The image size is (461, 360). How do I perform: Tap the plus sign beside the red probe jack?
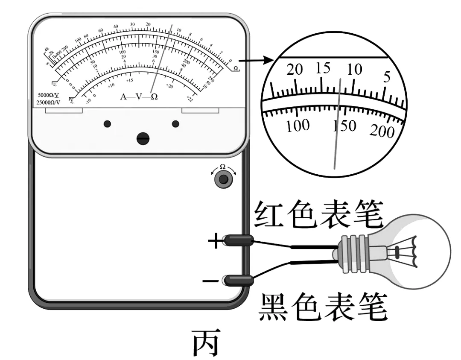coord(215,242)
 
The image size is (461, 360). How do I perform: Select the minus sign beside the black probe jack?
coord(211,281)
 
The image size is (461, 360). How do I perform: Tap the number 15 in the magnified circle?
coord(323,68)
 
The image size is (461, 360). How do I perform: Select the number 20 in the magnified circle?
coord(295,70)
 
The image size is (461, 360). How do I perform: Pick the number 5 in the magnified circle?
coord(387,77)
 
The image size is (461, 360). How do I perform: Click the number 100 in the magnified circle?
coord(298,126)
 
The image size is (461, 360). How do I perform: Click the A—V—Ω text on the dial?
coord(139,97)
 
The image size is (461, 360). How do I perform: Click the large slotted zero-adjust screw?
coord(143,138)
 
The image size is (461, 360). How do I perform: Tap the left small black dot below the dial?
coord(107,124)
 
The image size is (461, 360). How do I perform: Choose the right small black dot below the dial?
coord(175,124)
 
